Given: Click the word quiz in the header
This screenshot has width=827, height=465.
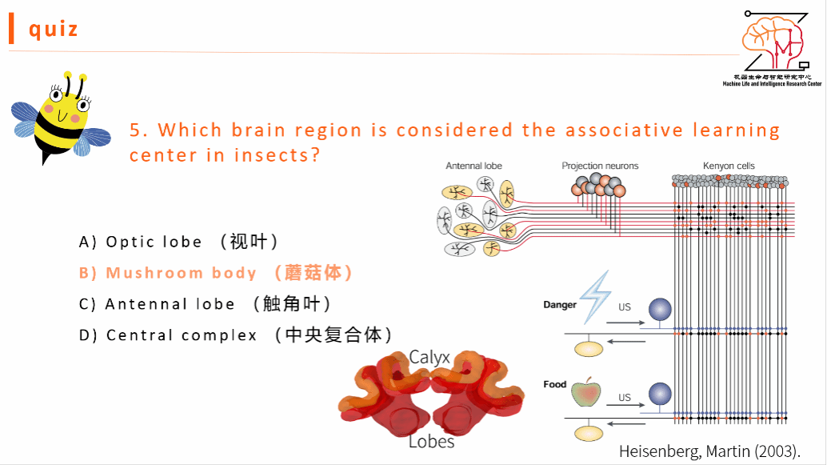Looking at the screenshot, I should (54, 29).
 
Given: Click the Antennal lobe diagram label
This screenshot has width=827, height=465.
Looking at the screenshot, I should (473, 166).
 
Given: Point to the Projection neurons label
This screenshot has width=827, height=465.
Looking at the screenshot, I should (600, 166).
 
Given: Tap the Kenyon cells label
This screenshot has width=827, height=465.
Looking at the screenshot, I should (729, 166).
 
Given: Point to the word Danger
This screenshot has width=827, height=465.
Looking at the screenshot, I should (560, 305).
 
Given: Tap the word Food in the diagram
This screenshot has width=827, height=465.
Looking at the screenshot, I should (554, 384).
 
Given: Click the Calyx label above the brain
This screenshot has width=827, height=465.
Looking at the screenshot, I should (429, 357).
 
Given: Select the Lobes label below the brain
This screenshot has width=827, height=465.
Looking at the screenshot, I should (431, 441).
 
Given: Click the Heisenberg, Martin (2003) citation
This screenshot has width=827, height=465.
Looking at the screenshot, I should (709, 451).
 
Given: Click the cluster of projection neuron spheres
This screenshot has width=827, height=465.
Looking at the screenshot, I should (598, 186).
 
